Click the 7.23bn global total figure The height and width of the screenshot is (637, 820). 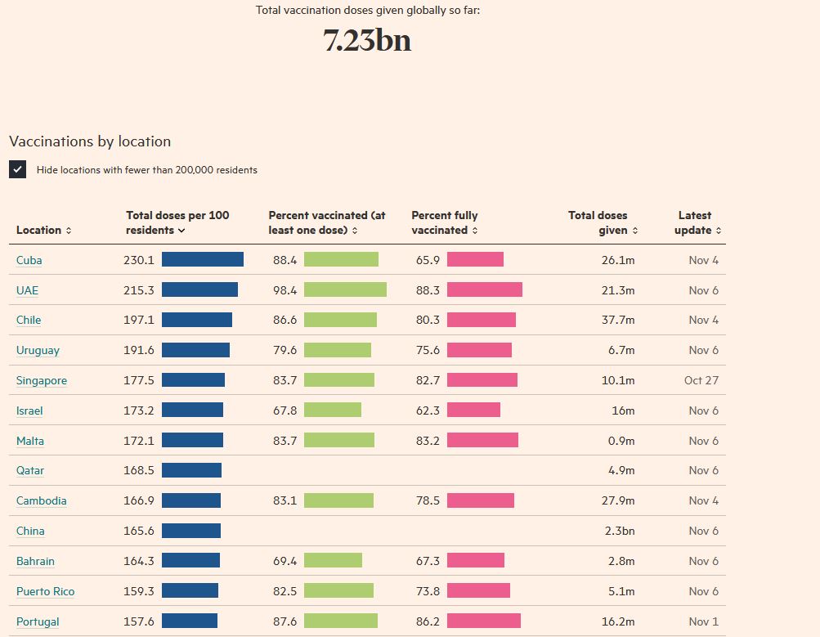coord(367,40)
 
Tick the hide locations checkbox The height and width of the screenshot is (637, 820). coord(18,169)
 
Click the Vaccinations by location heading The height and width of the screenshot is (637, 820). coord(90,141)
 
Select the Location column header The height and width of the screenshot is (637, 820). coord(43,231)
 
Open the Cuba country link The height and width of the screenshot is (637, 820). coord(29,260)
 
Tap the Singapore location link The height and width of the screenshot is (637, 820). coord(42,380)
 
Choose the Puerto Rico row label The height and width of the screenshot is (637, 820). coord(45,591)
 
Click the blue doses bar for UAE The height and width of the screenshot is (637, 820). coord(199,290)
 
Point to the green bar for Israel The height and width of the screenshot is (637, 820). coord(332,410)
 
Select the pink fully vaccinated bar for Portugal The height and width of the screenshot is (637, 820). coord(483,621)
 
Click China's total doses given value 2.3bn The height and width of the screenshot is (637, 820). coord(619,531)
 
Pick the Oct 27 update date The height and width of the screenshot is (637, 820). coord(701,380)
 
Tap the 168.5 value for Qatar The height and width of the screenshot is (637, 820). coord(138,470)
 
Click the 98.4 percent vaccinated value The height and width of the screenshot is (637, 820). coord(285,290)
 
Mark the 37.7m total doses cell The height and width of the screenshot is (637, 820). coord(618,320)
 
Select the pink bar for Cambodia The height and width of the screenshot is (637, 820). coord(480,500)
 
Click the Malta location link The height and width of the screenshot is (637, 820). coord(30,441)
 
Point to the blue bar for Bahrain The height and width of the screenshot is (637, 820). coord(190,561)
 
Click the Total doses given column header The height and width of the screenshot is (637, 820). coord(603,222)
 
